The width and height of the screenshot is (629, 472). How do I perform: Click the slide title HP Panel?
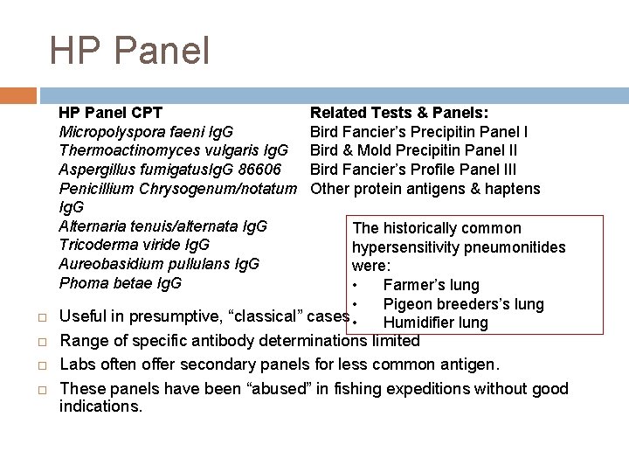[129, 51]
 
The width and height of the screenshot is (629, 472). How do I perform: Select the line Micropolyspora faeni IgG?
[145, 132]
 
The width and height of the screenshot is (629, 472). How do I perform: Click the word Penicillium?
[93, 189]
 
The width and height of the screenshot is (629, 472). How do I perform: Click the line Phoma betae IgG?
[120, 283]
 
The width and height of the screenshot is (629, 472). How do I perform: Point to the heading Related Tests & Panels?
[399, 113]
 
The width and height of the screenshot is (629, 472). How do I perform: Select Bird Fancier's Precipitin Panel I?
[418, 132]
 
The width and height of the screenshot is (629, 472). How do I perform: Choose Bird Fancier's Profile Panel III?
[413, 170]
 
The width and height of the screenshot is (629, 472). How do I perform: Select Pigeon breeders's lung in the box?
[463, 304]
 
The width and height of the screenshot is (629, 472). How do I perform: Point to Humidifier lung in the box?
[436, 323]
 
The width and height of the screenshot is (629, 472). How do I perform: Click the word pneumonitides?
[515, 247]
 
